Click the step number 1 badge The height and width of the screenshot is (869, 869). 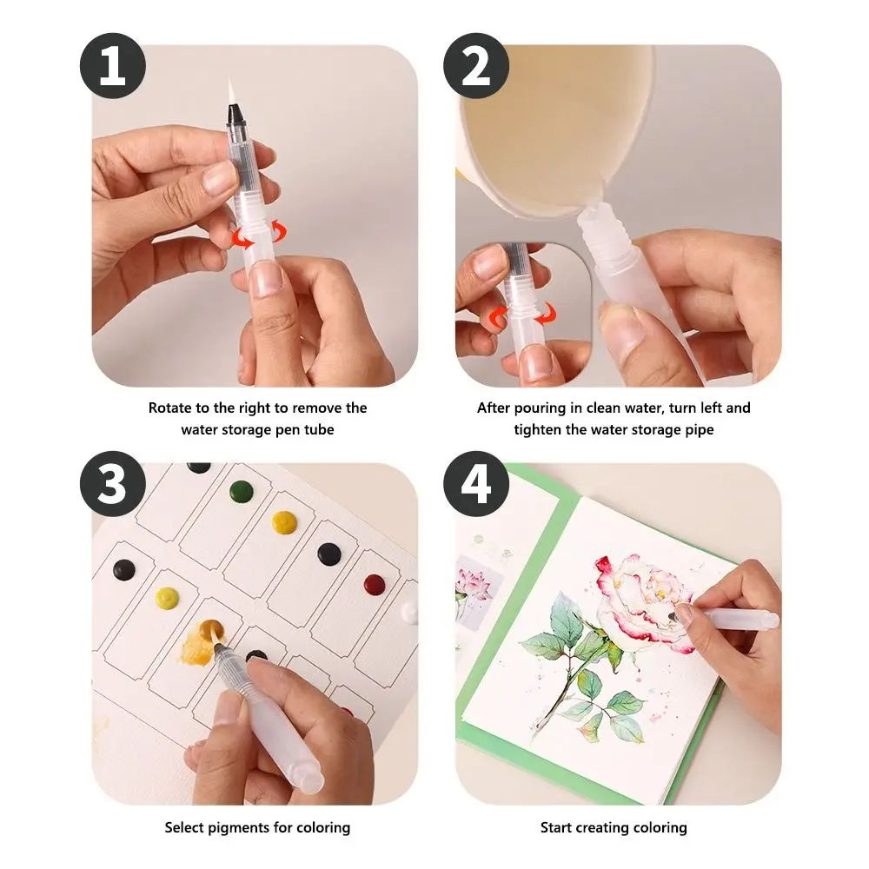tap(111, 67)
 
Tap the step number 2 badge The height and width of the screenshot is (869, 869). tap(476, 67)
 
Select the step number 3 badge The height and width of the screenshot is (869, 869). tap(111, 484)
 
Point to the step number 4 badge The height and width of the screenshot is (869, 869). tap(476, 484)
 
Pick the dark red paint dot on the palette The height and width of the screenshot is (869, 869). tap(375, 584)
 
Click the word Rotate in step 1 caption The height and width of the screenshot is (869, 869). tap(169, 408)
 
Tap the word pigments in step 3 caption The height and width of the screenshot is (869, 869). tap(240, 827)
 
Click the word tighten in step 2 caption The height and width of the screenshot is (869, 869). tap(539, 429)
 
